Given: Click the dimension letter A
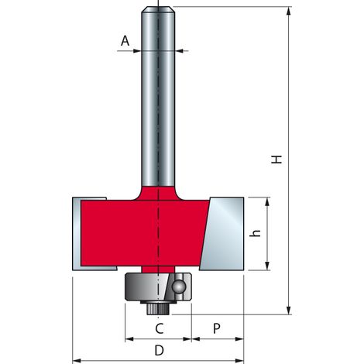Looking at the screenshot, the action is click(125, 41).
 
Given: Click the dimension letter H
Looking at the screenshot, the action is click(276, 160).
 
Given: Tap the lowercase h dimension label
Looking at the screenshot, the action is click(256, 233).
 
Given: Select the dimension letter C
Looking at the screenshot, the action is click(160, 328).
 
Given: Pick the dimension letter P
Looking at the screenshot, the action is click(217, 328).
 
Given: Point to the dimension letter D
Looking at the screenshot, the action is click(160, 351).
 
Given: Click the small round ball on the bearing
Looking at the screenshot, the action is click(179, 287).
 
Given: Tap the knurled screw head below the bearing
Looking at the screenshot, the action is click(158, 309).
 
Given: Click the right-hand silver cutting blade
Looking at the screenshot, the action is click(222, 234).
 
